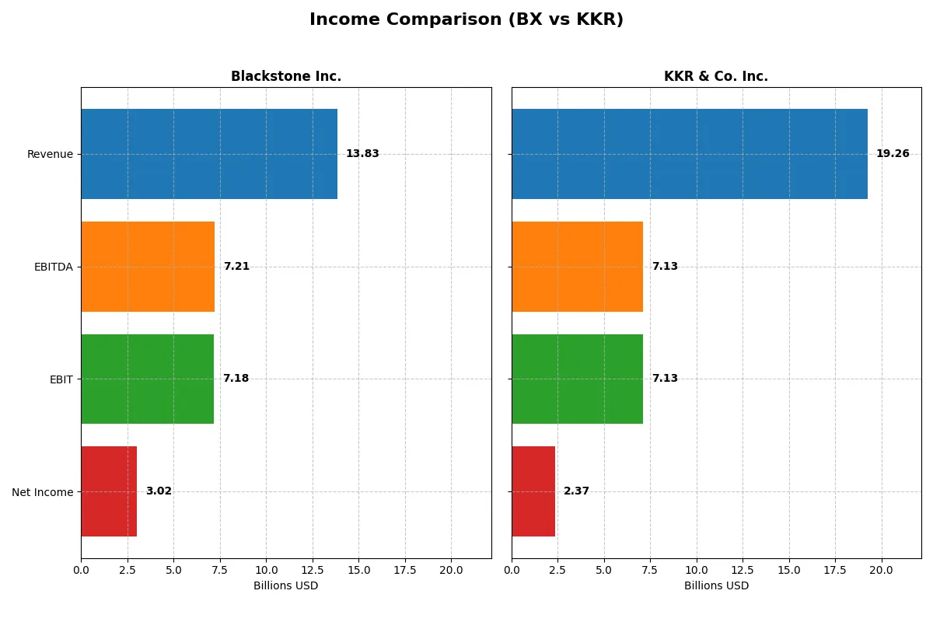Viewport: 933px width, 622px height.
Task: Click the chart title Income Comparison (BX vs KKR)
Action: click(x=466, y=20)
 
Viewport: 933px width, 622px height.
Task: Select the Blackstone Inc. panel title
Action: click(x=286, y=76)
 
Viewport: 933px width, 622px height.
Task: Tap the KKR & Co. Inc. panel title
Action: click(x=716, y=76)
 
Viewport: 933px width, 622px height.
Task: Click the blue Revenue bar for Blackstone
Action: click(x=209, y=154)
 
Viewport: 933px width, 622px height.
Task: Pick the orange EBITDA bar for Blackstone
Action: click(x=148, y=267)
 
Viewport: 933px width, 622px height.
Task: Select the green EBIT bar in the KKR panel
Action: click(x=577, y=379)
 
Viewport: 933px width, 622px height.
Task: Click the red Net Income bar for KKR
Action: click(x=533, y=491)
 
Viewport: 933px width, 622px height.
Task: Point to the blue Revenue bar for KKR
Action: click(x=690, y=154)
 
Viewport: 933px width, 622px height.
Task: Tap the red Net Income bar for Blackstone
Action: click(x=109, y=491)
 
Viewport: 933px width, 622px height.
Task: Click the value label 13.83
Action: click(x=362, y=154)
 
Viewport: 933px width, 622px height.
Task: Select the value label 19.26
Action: click(x=893, y=154)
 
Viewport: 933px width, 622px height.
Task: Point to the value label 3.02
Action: click(x=159, y=491)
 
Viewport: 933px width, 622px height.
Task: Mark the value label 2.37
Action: click(x=577, y=491)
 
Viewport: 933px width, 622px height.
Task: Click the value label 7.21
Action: click(x=236, y=267)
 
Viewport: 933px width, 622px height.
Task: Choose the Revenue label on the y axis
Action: click(x=50, y=154)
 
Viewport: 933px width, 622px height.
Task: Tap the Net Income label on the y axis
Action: click(x=43, y=491)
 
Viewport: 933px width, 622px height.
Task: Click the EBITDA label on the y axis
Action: click(x=54, y=267)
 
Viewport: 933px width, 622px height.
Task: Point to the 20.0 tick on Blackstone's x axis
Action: click(x=451, y=570)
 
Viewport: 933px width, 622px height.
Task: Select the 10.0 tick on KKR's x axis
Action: click(x=697, y=570)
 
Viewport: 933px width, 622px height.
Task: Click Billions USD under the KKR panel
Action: click(x=716, y=585)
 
